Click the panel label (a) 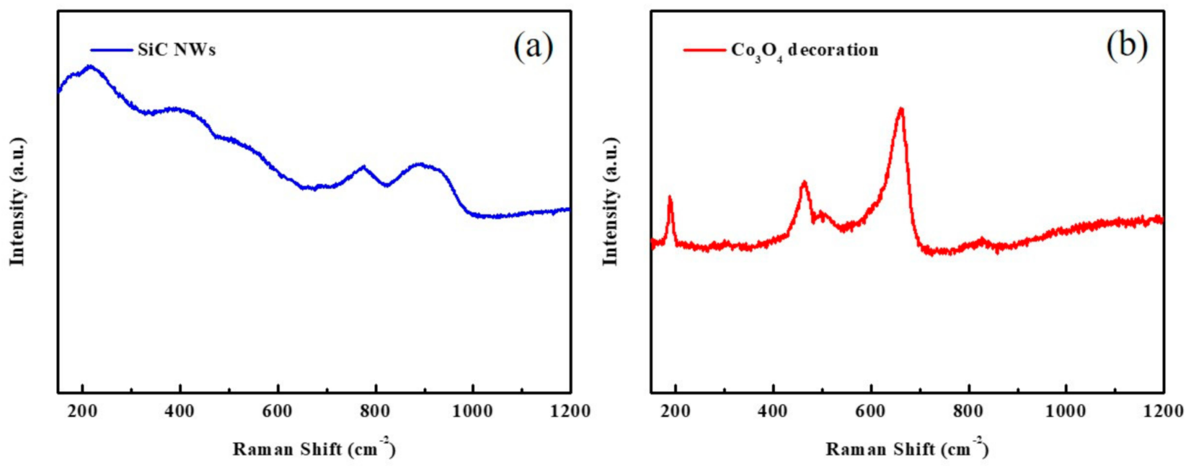click(x=533, y=46)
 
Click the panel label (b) click(x=1126, y=46)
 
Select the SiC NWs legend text click(x=176, y=50)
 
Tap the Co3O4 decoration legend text click(x=804, y=50)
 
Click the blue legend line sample click(x=111, y=50)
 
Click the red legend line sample click(x=704, y=50)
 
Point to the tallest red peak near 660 click(x=901, y=110)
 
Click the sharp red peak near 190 click(x=670, y=199)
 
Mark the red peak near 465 click(x=804, y=183)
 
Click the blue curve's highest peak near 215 click(x=90, y=66)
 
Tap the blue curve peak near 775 click(x=363, y=167)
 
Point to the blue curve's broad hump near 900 click(x=420, y=164)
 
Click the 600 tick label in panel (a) click(x=277, y=411)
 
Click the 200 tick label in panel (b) click(x=676, y=411)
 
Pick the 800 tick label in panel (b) click(x=968, y=411)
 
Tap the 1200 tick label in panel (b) click(x=1163, y=411)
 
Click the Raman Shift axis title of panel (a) click(x=314, y=449)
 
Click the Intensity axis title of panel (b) click(x=610, y=201)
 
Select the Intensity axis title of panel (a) click(x=17, y=201)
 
